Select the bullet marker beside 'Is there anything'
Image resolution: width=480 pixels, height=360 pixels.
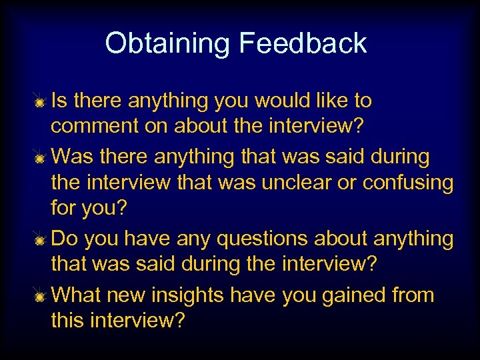pos(41,103)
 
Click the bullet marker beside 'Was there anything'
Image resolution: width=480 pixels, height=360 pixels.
pos(41,159)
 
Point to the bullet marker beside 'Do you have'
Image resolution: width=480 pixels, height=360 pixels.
pos(41,240)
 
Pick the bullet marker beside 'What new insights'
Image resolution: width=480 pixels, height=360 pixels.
pos(41,297)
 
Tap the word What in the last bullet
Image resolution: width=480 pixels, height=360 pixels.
pos(73,296)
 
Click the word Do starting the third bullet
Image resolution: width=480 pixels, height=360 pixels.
pos(63,239)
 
